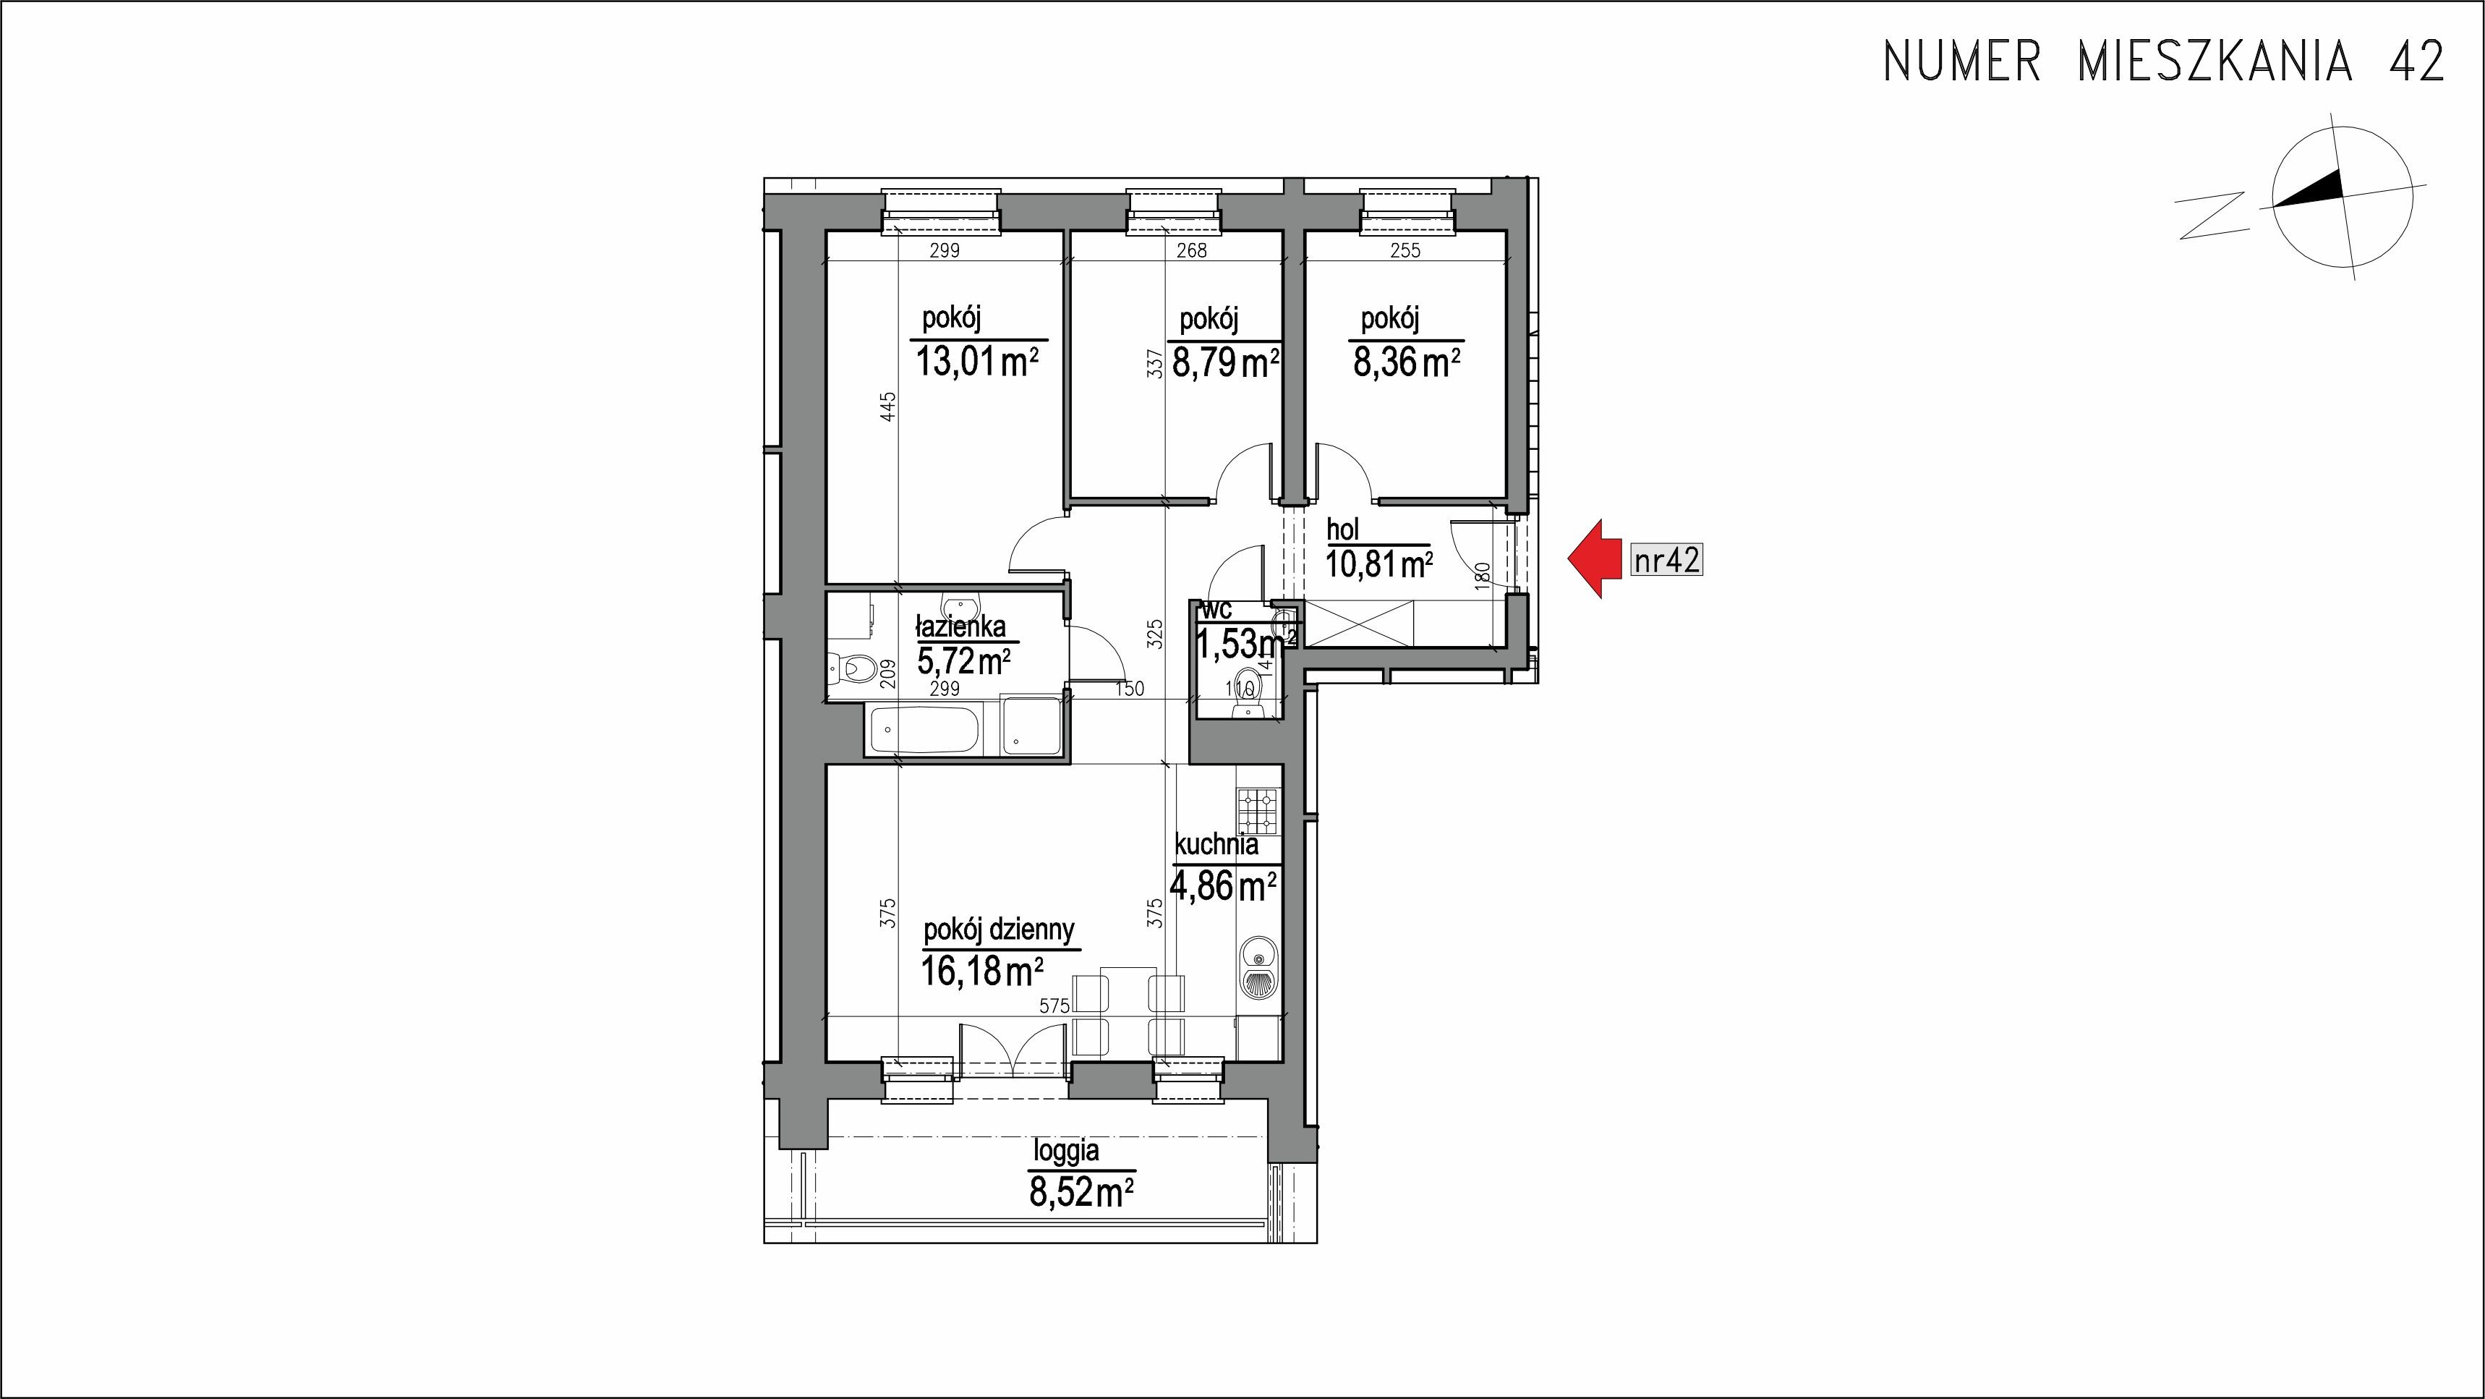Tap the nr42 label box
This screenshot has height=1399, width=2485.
(x=1666, y=560)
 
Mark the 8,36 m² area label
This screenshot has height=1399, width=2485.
(x=1407, y=363)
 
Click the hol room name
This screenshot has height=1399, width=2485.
(x=1343, y=530)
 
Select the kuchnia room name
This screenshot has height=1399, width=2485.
(x=1216, y=845)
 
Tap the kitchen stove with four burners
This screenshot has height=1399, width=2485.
(x=1260, y=812)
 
